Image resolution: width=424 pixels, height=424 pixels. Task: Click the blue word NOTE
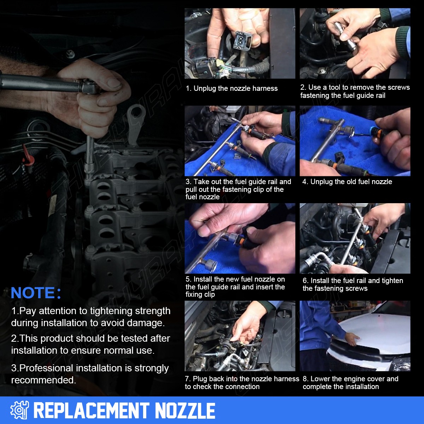(33, 293)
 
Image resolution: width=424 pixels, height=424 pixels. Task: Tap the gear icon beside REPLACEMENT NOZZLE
(19, 410)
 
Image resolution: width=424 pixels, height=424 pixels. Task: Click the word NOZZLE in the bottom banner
(185, 410)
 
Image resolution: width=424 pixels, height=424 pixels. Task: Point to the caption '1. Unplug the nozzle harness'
(232, 88)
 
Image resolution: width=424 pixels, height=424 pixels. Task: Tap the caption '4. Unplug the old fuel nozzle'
(347, 182)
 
